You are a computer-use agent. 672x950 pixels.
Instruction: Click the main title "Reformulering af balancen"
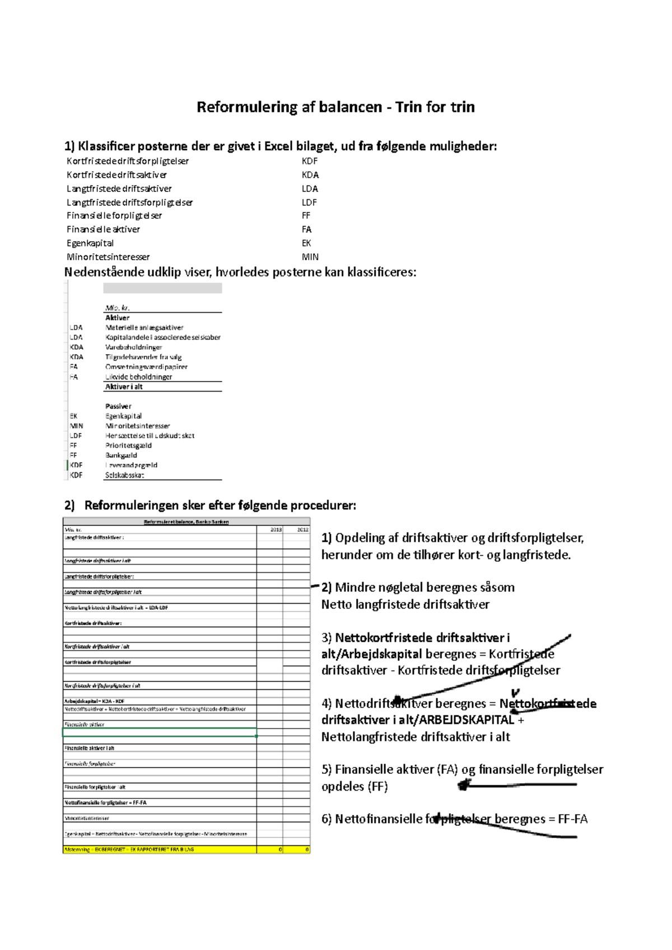(x=289, y=107)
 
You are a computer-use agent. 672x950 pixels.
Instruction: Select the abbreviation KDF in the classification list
(x=310, y=161)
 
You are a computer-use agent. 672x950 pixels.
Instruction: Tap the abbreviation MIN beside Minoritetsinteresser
(x=310, y=257)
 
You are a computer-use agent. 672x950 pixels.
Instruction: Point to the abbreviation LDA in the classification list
(x=310, y=189)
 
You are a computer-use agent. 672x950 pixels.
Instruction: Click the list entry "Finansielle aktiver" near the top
(x=104, y=229)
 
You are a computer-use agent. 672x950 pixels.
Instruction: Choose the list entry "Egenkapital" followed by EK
(x=90, y=243)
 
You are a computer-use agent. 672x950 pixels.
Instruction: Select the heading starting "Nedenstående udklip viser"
(x=240, y=272)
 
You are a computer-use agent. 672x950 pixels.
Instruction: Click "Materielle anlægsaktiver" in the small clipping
(x=144, y=328)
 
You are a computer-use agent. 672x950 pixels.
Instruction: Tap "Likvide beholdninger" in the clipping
(x=139, y=377)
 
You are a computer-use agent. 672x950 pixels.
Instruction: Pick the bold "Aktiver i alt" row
(x=124, y=387)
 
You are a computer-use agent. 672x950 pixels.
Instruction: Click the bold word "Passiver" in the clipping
(x=118, y=406)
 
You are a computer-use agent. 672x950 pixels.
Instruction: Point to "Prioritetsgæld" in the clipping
(x=128, y=445)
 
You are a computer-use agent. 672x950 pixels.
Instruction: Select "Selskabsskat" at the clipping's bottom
(x=124, y=475)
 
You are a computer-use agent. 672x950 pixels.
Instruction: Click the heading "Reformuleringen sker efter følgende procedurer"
(x=220, y=505)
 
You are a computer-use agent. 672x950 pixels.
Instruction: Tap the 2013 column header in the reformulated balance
(x=276, y=529)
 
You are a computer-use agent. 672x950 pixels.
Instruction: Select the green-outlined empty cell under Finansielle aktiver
(x=160, y=732)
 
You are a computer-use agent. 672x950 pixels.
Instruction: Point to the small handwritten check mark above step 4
(x=516, y=693)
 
